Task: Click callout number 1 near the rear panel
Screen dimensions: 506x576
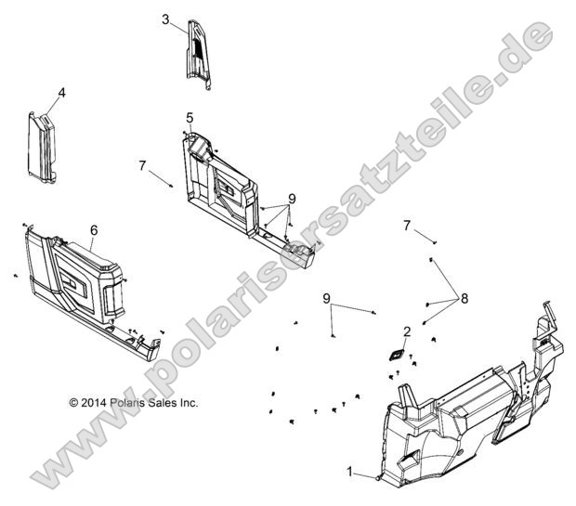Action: pyautogui.click(x=349, y=473)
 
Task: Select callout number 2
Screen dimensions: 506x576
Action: pyautogui.click(x=406, y=331)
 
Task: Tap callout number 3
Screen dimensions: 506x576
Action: pyautogui.click(x=165, y=19)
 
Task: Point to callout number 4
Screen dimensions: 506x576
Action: pyautogui.click(x=61, y=93)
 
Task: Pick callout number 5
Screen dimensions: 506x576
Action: pyautogui.click(x=190, y=118)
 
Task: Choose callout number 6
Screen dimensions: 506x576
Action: pyautogui.click(x=94, y=229)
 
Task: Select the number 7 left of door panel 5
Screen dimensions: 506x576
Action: pyautogui.click(x=142, y=165)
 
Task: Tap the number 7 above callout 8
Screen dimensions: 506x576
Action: pyautogui.click(x=407, y=225)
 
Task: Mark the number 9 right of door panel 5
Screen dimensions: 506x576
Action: pyautogui.click(x=292, y=199)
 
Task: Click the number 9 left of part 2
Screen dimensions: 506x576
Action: pyautogui.click(x=326, y=298)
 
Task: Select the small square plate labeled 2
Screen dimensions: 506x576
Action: pyautogui.click(x=397, y=354)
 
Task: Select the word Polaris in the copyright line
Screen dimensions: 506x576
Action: pyautogui.click(x=131, y=403)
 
